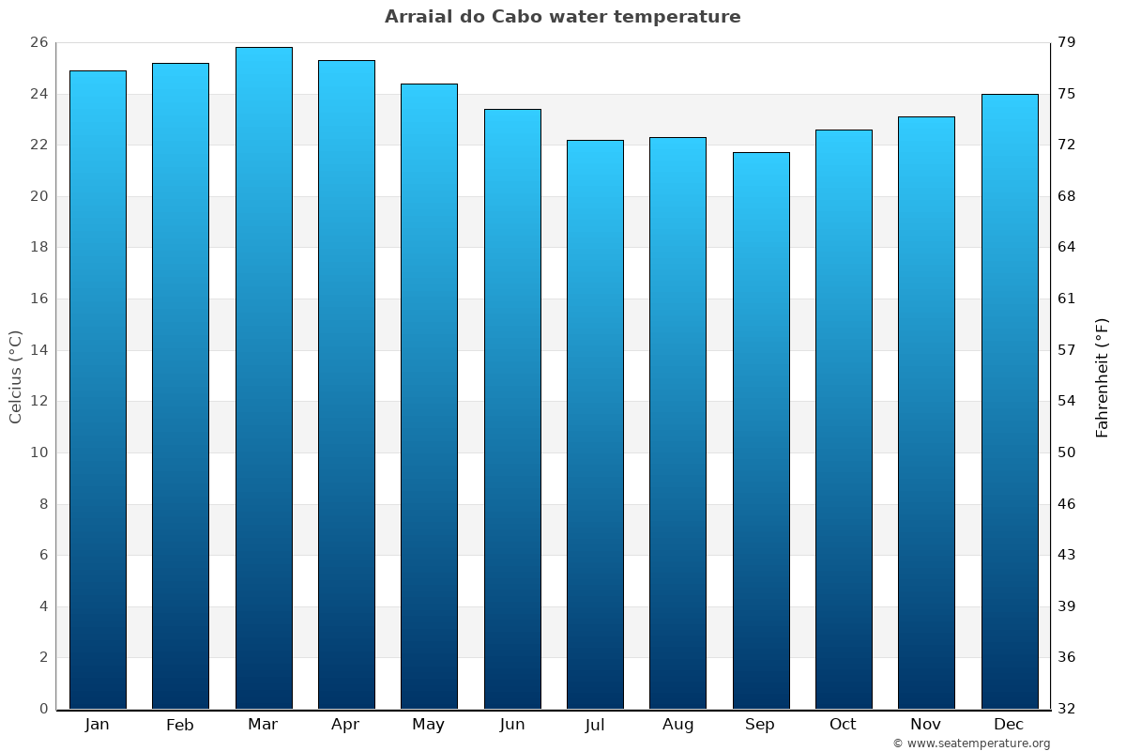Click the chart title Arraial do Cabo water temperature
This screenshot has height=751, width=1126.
coord(562,17)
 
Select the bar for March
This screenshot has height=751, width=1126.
coord(264,375)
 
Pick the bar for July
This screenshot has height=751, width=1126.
coord(595,422)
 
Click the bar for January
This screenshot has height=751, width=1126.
coord(98,390)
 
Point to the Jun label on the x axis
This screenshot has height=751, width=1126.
coord(512,725)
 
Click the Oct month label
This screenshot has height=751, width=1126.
coord(843,725)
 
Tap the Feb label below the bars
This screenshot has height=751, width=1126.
coord(180,725)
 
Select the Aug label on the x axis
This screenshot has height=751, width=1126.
coord(677,725)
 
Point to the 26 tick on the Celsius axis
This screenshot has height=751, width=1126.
coord(38,43)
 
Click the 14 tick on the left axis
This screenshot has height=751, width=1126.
coord(38,350)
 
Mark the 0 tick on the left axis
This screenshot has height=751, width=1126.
coord(43,709)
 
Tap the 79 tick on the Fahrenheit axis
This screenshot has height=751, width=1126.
coord(1067,43)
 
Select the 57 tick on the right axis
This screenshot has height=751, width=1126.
coord(1067,350)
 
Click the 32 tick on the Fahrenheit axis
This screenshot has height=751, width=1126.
coord(1067,709)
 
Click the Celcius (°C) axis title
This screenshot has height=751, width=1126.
coord(16,375)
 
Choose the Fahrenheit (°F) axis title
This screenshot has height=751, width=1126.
coord(1102,376)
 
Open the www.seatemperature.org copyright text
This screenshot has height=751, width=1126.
coord(971,743)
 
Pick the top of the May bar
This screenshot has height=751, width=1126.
coord(429,84)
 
